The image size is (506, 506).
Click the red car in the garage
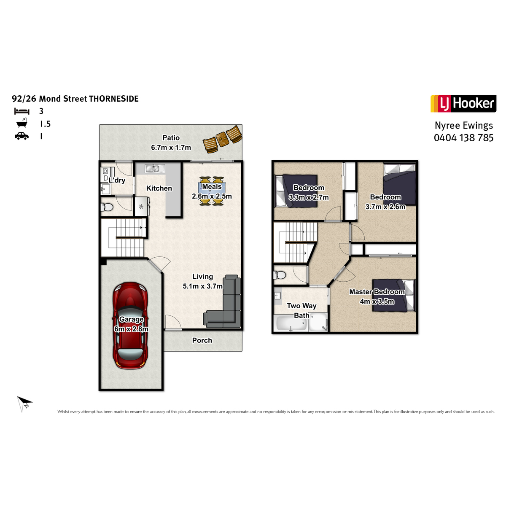[130, 326]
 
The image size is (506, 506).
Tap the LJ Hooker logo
[463, 103]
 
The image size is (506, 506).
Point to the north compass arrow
[24, 404]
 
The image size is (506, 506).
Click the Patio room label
[171, 138]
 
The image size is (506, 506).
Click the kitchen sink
[155, 168]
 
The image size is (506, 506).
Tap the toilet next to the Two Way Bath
[280, 275]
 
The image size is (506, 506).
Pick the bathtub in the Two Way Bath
[291, 323]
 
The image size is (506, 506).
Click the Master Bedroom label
[377, 292]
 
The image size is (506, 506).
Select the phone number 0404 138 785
[463, 137]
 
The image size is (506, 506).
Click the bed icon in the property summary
[22, 111]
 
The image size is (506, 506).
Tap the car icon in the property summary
[22, 136]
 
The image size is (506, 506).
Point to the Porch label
[202, 340]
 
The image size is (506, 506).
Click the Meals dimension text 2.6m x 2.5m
[212, 196]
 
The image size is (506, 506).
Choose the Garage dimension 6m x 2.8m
[131, 329]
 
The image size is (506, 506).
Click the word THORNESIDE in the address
[114, 99]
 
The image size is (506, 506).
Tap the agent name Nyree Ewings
[464, 126]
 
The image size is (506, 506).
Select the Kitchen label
[159, 188]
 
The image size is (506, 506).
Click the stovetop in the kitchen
[141, 206]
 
